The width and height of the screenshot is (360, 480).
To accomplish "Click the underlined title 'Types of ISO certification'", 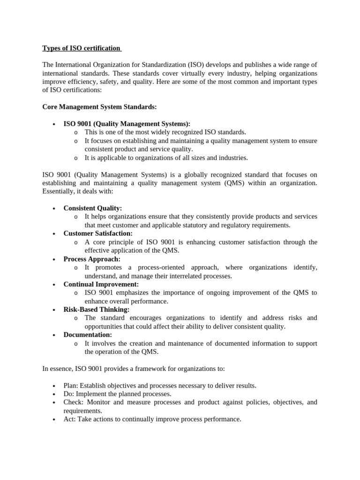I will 82,48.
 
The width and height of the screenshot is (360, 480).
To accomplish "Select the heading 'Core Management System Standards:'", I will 99,107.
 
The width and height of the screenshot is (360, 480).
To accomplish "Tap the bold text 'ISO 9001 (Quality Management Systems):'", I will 127,124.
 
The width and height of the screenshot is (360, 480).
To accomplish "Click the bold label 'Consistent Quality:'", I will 92,208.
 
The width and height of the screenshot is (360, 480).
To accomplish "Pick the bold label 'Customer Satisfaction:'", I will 97,233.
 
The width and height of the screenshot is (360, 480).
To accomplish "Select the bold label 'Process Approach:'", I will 92,259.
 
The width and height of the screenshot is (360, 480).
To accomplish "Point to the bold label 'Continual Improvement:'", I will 101,284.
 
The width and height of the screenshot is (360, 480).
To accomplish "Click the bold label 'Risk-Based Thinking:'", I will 96,309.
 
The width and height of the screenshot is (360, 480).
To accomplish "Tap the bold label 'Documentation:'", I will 88,335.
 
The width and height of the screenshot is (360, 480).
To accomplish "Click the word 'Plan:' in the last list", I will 71,385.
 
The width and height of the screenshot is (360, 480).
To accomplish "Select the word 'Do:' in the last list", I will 68,394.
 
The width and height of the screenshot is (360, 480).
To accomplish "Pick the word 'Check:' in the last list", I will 73,402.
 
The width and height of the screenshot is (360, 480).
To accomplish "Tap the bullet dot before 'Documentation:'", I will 55,335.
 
